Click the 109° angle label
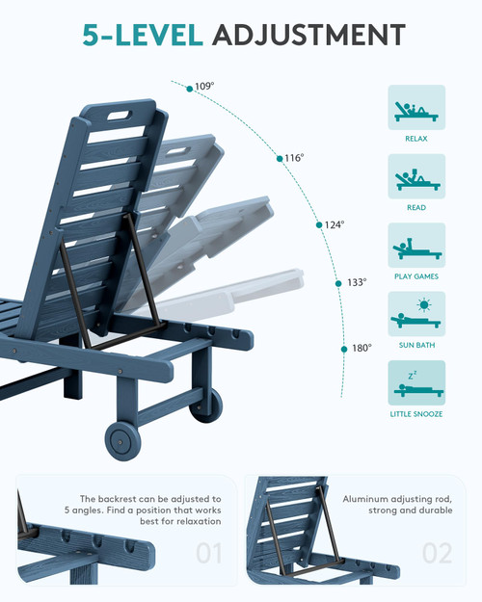point(204,87)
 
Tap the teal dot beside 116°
point(280,159)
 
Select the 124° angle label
point(335,225)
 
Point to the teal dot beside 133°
point(338,284)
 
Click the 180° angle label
point(362,349)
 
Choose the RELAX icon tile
point(416,108)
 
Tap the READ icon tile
point(416,176)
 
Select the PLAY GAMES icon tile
point(416,245)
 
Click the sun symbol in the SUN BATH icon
point(424,304)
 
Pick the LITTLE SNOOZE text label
point(416,414)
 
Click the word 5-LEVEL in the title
point(143,35)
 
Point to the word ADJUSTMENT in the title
point(308,35)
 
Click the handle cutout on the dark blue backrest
point(120,116)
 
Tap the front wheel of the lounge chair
point(122,441)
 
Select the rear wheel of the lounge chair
point(207,406)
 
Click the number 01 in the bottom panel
point(209,553)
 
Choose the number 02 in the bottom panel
point(437,553)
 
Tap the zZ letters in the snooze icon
point(413,375)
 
